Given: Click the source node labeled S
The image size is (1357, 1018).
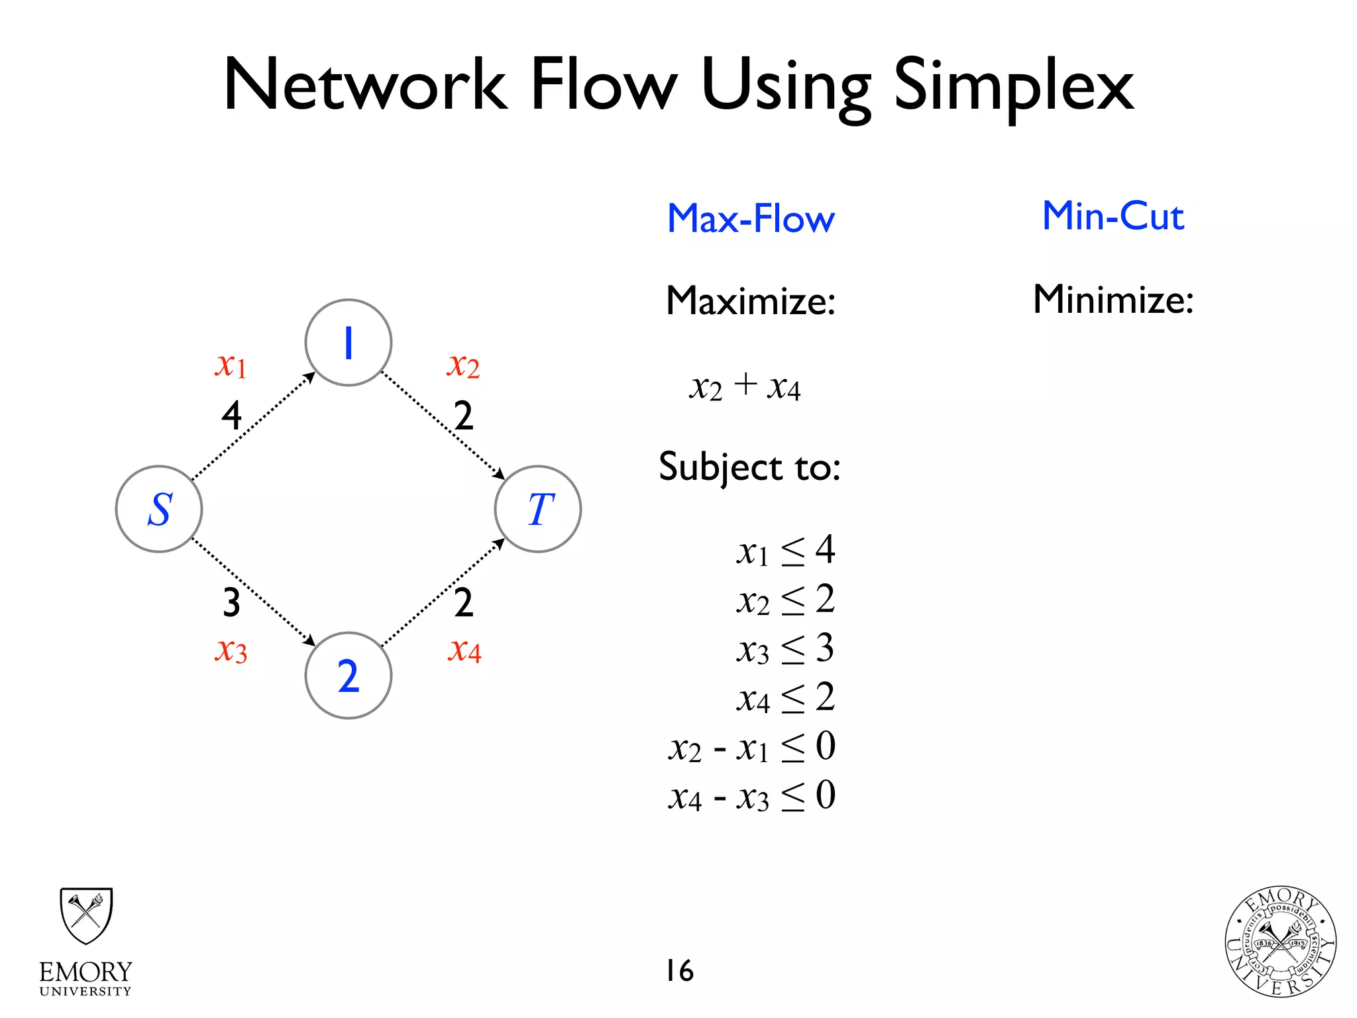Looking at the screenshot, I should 159,509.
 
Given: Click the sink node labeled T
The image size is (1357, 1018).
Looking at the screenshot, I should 538,509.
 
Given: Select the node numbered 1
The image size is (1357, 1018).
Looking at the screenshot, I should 349,343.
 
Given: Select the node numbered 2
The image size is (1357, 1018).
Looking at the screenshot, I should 349,675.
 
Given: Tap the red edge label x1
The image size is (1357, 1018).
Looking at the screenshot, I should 231,365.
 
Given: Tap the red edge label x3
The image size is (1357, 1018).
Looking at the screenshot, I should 231,650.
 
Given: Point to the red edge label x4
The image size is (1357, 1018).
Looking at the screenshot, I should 464,650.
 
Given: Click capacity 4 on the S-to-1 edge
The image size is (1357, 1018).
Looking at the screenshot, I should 231,416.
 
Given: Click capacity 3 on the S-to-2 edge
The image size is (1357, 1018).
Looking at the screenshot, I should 231,602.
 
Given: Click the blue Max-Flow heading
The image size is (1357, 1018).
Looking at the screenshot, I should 751,219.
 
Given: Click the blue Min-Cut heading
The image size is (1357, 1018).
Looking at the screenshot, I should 1113,216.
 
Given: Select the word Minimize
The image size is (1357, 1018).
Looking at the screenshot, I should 1113,300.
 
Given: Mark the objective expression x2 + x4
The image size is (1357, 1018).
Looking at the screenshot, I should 745,386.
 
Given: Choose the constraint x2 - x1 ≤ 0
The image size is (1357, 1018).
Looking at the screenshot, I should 751,748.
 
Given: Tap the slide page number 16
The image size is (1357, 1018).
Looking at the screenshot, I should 680,970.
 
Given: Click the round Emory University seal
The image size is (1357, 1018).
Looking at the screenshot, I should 1279,941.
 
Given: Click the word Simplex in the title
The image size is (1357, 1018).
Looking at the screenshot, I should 1014,86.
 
